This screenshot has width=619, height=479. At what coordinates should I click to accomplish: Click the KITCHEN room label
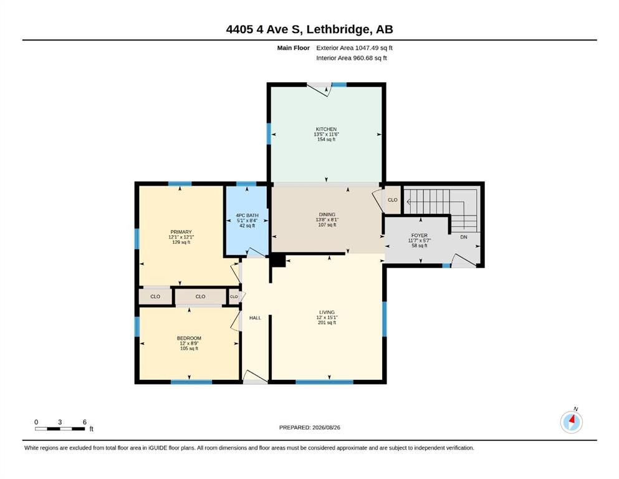point(326,129)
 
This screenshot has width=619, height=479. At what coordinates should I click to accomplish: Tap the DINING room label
point(327,215)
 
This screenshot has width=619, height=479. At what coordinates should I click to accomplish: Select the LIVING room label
point(327,312)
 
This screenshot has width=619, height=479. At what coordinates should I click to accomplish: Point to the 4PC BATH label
point(247,216)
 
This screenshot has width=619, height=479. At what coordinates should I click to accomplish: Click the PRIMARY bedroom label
point(181,232)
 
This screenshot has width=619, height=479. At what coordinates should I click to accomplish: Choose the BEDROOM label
point(189,338)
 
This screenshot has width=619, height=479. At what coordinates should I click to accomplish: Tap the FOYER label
point(420,235)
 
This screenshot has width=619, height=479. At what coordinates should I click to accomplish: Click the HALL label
point(255,318)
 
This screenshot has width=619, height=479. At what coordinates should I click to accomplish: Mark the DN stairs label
point(464,237)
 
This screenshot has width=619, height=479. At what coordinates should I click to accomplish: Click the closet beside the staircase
point(392,200)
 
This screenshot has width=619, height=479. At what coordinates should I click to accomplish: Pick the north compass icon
point(572,422)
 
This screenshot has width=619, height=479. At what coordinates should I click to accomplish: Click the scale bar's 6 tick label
point(85,422)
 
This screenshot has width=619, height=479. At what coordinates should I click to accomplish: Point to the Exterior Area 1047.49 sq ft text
point(354,48)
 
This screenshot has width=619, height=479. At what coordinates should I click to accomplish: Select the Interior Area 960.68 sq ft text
point(352,58)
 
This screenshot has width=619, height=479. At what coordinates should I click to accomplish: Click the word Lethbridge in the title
point(338,29)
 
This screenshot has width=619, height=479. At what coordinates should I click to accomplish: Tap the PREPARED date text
point(309,427)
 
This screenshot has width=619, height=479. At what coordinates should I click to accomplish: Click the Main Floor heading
point(294,48)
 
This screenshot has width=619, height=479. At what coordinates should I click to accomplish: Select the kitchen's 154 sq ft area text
point(326,139)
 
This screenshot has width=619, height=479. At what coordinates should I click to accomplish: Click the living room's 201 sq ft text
point(327,322)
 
